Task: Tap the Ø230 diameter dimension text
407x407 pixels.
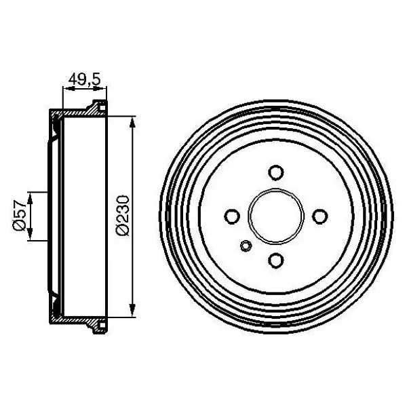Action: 123,216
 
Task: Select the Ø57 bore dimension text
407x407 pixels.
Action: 20,216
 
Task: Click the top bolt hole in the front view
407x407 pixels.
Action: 275,172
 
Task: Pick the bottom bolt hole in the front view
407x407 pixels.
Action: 275,260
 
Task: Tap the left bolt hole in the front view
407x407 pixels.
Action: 232,216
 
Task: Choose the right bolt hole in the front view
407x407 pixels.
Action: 319,216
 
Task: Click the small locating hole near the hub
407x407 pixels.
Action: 246,246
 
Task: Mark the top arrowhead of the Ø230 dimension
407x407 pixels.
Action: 133,122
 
